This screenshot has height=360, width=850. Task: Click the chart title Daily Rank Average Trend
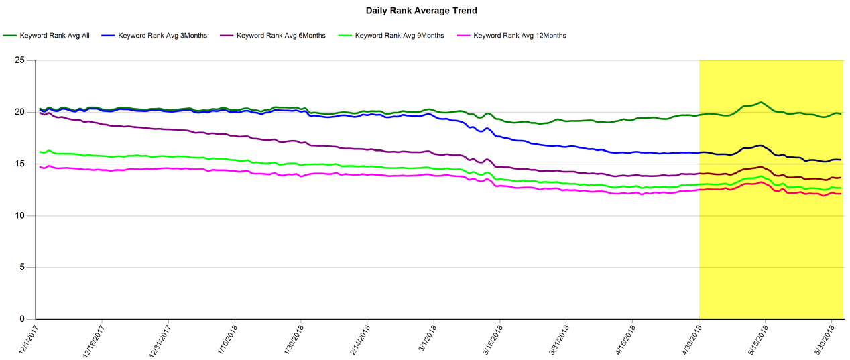(421, 11)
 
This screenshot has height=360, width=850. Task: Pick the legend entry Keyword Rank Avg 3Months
(162, 35)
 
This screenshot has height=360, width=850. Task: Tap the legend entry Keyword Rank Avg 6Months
(281, 35)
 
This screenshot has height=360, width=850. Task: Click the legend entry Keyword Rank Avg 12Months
(520, 35)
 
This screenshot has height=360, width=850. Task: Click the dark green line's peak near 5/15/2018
(761, 103)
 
